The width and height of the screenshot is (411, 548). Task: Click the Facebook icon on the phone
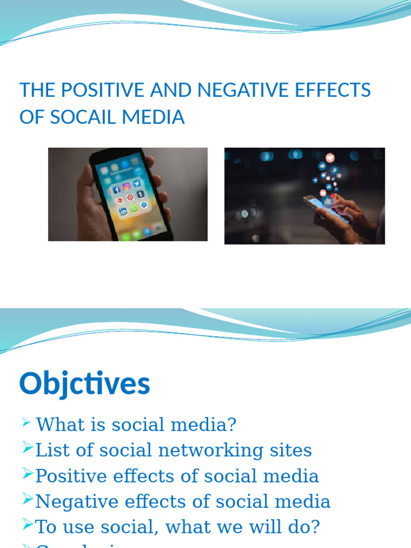pos(117,189)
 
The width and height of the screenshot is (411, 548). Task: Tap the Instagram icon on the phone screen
pos(126,187)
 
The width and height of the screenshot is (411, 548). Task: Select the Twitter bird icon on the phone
pos(136,184)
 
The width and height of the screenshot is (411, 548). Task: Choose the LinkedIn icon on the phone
pos(123,211)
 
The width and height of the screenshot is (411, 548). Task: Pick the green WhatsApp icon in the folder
pos(134,208)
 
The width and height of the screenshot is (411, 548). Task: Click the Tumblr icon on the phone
pos(140,194)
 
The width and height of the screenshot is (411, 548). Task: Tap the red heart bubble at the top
pos(330,157)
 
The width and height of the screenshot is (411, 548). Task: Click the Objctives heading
pos(85,384)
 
